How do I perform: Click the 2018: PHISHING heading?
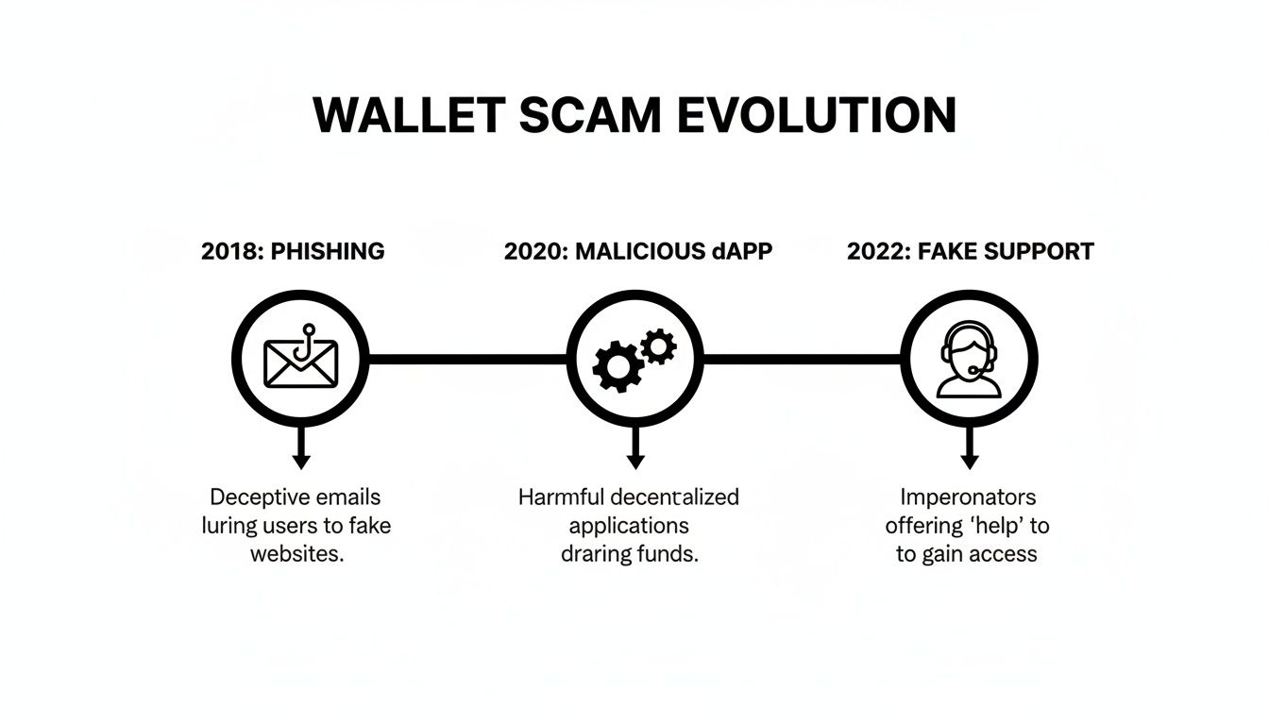coord(293,251)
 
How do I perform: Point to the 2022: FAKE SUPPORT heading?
coord(970,251)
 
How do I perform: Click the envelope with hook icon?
coord(300,362)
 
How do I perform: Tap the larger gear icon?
coord(617,367)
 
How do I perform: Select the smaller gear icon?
coord(658,346)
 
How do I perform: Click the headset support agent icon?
coord(968,360)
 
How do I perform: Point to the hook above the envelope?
coord(304,342)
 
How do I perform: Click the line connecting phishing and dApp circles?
coord(466,359)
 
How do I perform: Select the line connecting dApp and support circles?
coord(802,359)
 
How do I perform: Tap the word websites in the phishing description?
coord(296,553)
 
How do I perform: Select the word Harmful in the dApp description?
coord(561,497)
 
